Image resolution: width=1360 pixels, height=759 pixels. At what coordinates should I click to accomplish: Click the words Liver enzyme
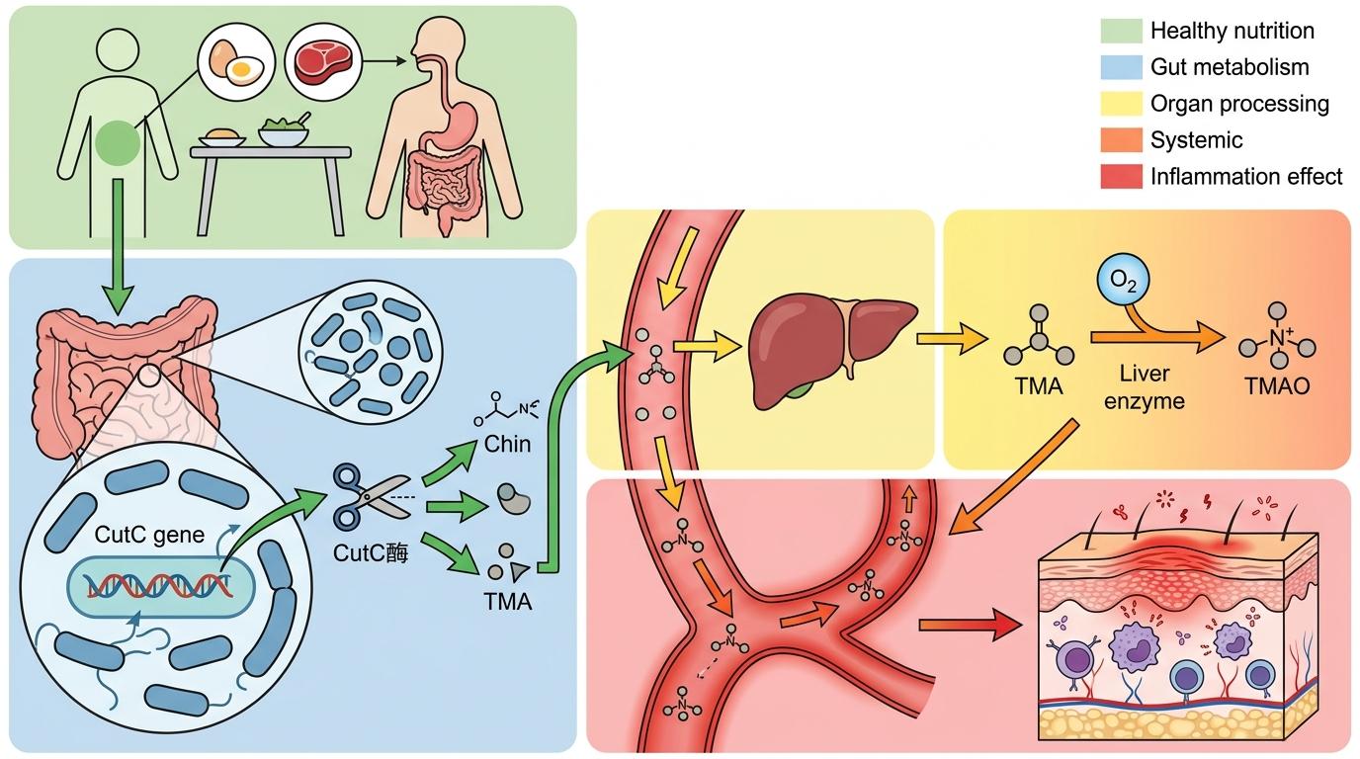click(x=1145, y=387)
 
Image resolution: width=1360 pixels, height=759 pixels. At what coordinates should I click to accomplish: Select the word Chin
click(x=507, y=445)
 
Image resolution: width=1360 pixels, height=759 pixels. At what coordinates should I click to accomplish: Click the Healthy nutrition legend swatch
click(x=1120, y=31)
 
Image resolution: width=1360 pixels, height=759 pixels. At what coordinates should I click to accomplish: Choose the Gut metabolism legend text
click(x=1230, y=67)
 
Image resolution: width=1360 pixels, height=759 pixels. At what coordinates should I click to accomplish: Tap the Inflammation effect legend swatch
click(x=1120, y=177)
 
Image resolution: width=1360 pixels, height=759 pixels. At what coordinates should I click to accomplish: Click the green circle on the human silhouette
click(x=118, y=142)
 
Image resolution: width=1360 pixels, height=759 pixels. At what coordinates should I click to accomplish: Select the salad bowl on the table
click(x=284, y=133)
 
